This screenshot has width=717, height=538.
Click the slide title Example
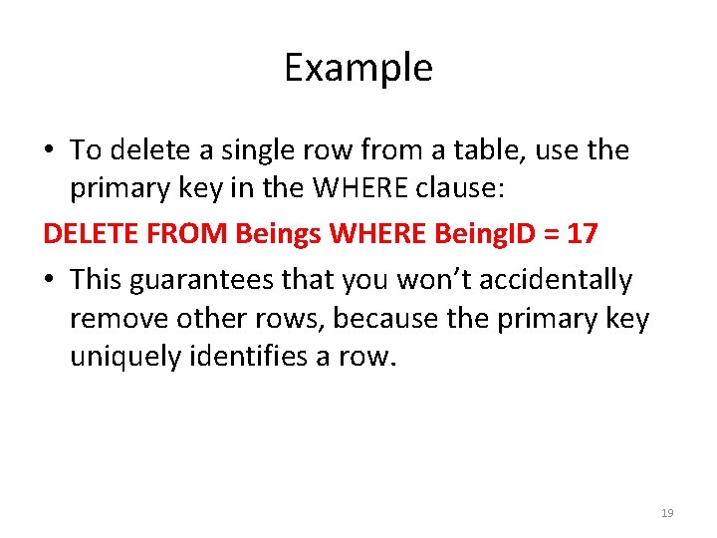point(358,68)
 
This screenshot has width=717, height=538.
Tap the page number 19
point(667,513)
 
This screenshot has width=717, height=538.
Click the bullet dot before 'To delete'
point(49,151)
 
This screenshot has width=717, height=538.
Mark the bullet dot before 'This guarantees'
point(49,282)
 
